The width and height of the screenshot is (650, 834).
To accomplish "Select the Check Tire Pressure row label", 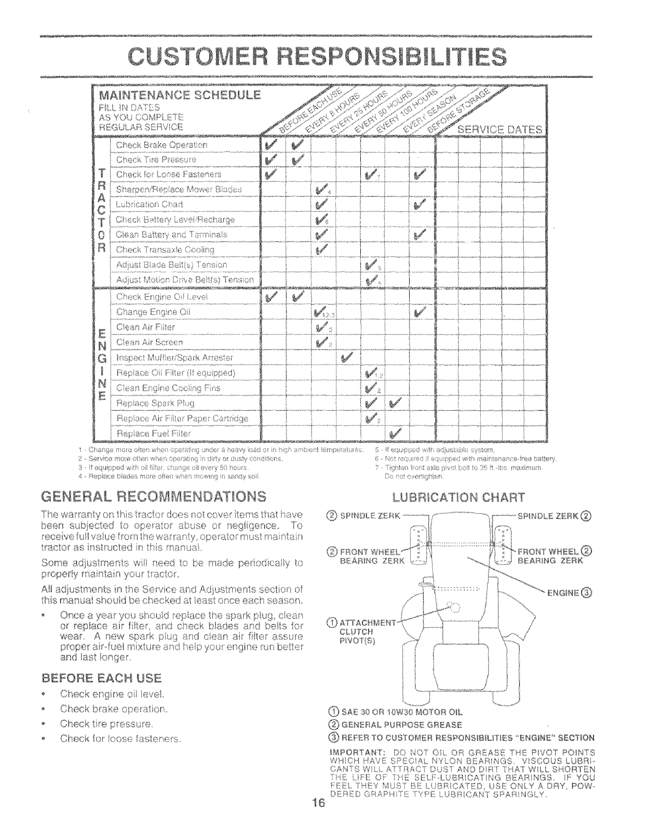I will tap(156, 159).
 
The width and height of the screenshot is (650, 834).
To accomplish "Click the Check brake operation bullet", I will tap(113, 709).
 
